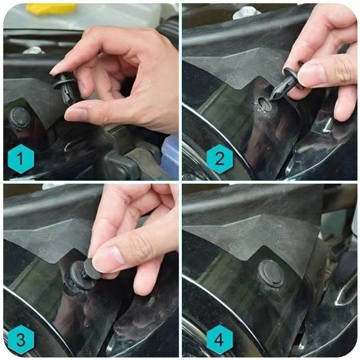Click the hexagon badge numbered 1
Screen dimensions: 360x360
(21, 159)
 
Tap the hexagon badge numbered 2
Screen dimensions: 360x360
(220, 159)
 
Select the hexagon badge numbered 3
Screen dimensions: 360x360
(21, 339)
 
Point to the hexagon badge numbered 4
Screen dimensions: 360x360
(220, 339)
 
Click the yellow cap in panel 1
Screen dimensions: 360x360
(51, 9)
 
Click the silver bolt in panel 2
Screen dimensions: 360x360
(246, 13)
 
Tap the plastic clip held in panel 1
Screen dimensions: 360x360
(65, 88)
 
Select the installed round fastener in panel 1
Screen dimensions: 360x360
(19, 120)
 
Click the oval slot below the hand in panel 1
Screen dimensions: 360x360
(72, 146)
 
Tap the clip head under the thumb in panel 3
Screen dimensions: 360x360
(92, 268)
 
